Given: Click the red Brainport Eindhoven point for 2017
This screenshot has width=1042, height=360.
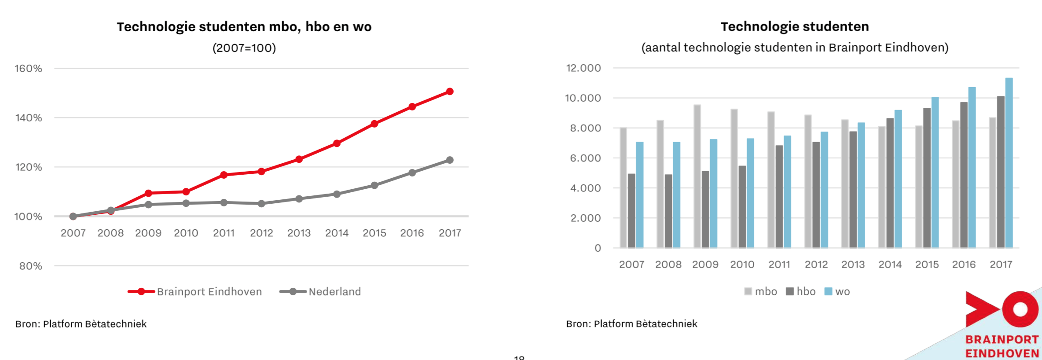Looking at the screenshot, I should coord(450,92).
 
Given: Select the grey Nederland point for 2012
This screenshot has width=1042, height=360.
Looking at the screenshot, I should coord(261,204).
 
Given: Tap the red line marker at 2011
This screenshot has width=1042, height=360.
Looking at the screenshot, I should coord(224,175).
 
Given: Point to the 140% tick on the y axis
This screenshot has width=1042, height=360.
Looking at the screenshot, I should coord(29,118).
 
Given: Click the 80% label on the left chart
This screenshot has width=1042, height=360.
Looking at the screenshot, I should coord(30,266).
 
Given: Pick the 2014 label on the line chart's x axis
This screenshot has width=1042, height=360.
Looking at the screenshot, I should coord(337,233).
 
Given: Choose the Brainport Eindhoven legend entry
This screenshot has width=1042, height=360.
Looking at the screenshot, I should coord(209,291).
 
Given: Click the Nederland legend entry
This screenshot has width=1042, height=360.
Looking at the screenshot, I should coord(334,291).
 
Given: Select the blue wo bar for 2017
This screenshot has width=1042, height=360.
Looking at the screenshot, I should coord(1009,163).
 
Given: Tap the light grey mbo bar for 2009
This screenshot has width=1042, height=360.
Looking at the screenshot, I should coord(697,176).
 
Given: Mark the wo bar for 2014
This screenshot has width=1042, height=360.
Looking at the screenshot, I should coord(898,179).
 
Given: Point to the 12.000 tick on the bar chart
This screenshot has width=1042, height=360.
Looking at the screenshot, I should coord(583,68).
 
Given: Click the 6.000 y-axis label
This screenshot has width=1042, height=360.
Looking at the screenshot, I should coord(585,158).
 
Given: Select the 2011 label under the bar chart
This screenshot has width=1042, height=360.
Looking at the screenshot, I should coord(779,264).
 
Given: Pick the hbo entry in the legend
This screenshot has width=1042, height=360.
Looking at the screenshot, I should coord(806,291).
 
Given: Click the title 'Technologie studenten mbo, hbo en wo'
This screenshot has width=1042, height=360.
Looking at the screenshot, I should coord(244,27).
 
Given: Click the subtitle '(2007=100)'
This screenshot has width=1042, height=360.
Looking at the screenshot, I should coord(244,48).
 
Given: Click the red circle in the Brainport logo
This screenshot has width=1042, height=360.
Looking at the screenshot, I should coord(1020,309).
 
